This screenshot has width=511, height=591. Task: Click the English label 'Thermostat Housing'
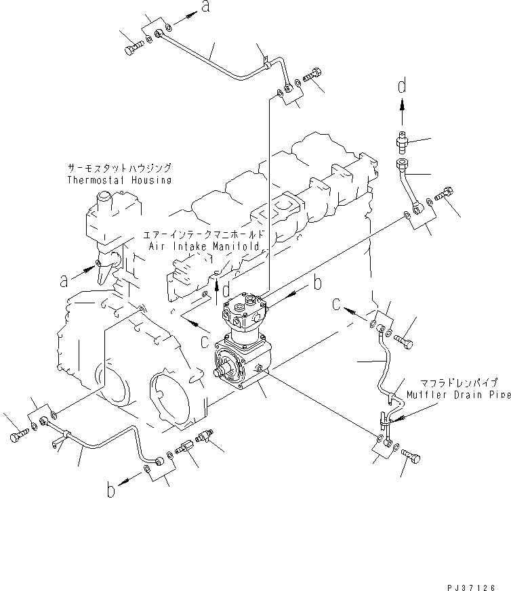[x=119, y=180]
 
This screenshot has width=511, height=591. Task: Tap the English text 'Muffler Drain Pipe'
[x=458, y=394]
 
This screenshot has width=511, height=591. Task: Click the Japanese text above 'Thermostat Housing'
[x=119, y=168]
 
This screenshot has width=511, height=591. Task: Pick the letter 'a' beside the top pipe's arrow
[x=203, y=8]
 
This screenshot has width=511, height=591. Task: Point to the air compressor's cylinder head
[x=245, y=309]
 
